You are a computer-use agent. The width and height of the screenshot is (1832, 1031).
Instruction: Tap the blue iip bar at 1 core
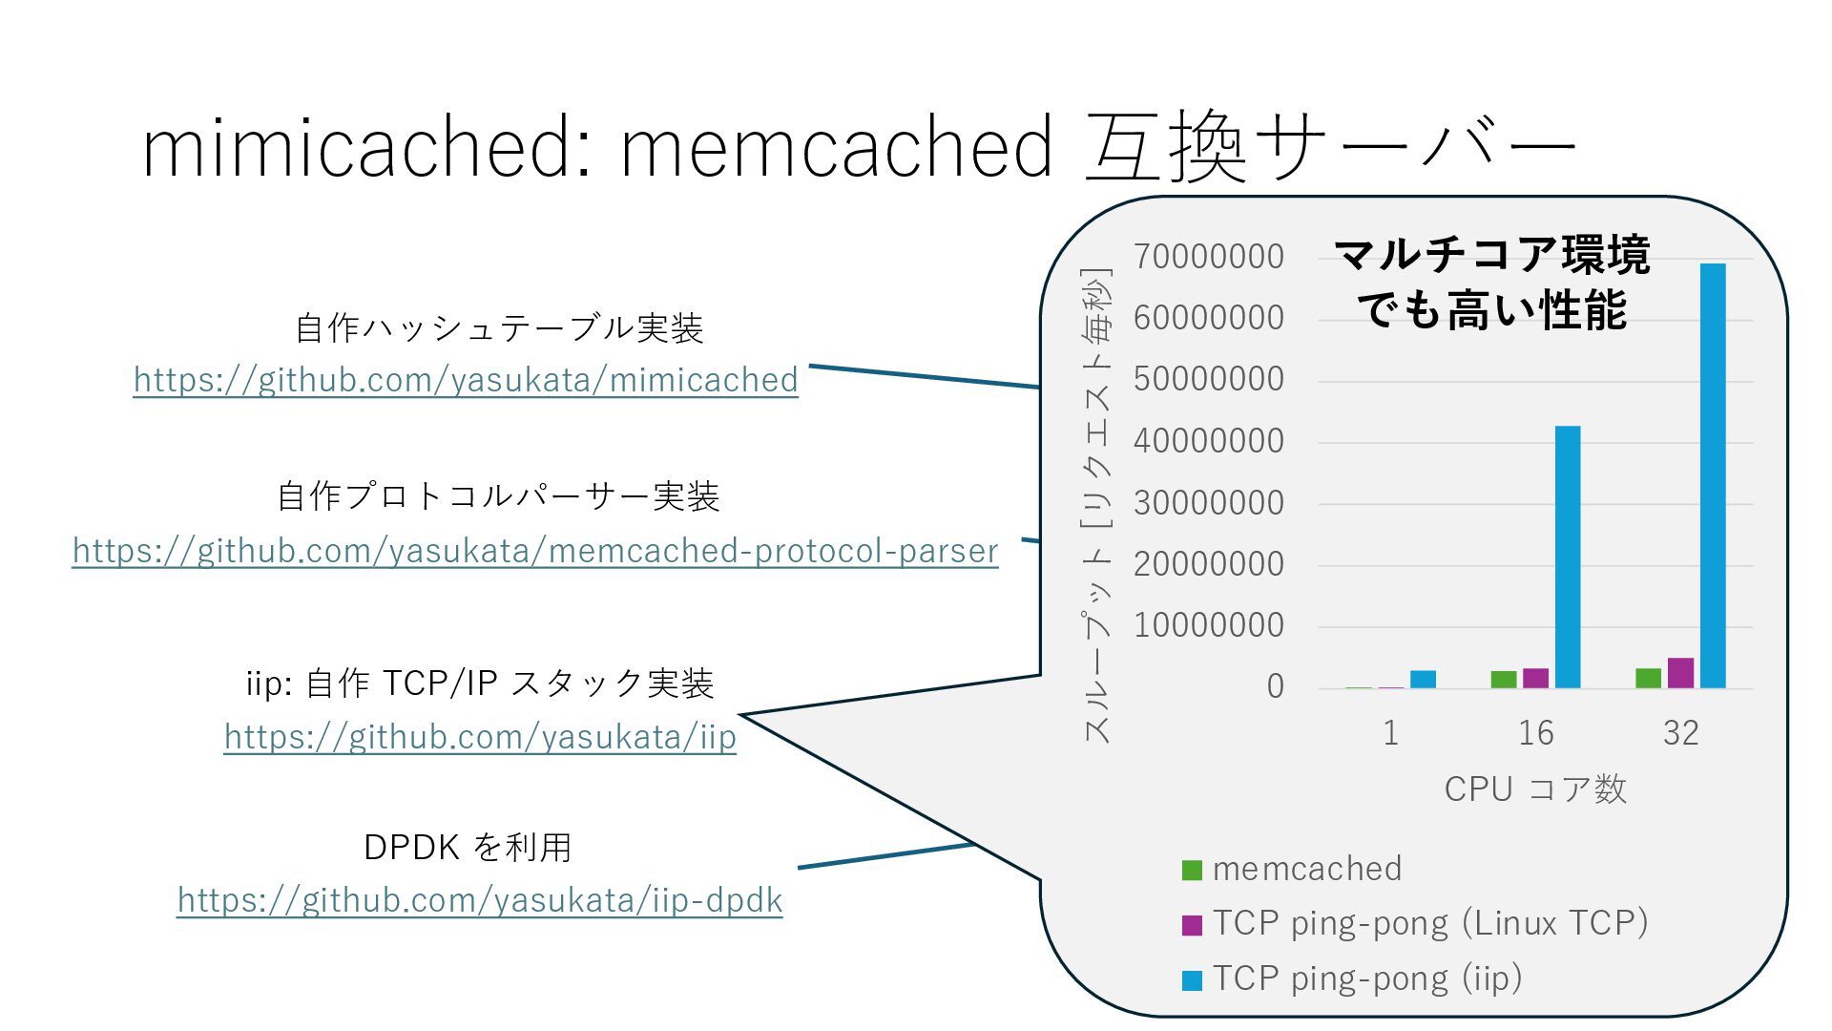pyautogui.click(x=1423, y=679)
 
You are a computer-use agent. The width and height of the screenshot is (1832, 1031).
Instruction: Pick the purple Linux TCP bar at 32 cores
pyautogui.click(x=1680, y=673)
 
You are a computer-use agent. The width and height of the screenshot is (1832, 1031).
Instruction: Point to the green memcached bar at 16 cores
pyautogui.click(x=1504, y=680)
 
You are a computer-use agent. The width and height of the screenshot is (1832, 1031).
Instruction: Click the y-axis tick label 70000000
pyautogui.click(x=1208, y=257)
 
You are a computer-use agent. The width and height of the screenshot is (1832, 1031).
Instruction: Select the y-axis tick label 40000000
pyautogui.click(x=1208, y=441)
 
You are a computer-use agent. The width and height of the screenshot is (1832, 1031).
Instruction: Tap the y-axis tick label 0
pyautogui.click(x=1275, y=686)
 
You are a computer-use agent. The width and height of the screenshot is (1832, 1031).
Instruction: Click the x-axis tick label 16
pyautogui.click(x=1535, y=733)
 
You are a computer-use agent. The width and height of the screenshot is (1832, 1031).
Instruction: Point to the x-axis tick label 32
pyautogui.click(x=1680, y=733)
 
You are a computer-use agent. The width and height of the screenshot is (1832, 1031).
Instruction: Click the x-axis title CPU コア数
pyautogui.click(x=1534, y=789)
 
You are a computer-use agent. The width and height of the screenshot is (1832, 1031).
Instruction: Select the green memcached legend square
pyautogui.click(x=1192, y=870)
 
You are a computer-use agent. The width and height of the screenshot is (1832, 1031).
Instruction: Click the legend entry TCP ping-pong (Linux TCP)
pyautogui.click(x=1430, y=923)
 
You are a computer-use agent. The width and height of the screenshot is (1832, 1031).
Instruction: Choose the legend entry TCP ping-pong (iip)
pyautogui.click(x=1366, y=978)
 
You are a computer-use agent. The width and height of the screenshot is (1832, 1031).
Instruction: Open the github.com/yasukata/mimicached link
pyautogui.click(x=466, y=380)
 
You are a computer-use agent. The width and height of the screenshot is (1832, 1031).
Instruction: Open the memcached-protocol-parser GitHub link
pyautogui.click(x=535, y=551)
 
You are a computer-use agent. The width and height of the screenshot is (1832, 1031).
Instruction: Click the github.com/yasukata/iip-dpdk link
pyautogui.click(x=480, y=900)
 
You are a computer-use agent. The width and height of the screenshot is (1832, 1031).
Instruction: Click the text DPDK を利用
pyautogui.click(x=468, y=847)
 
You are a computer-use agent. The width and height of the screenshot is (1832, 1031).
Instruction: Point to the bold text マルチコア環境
pyautogui.click(x=1491, y=255)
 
